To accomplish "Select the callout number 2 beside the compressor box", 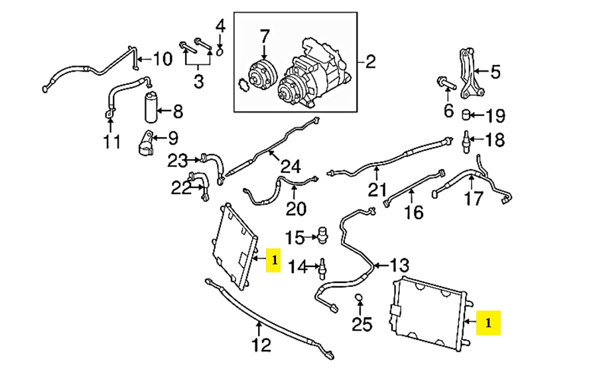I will tap(369, 62).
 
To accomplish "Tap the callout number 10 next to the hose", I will tap(162, 59).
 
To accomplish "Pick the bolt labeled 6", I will tap(444, 83).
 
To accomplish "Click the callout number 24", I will tap(291, 166).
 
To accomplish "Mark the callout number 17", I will tap(473, 198).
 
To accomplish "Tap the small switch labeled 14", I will tap(322, 267).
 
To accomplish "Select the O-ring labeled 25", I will tap(359, 297).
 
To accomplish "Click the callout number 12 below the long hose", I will tap(261, 345).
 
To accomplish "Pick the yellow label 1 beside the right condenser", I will tap(489, 323).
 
